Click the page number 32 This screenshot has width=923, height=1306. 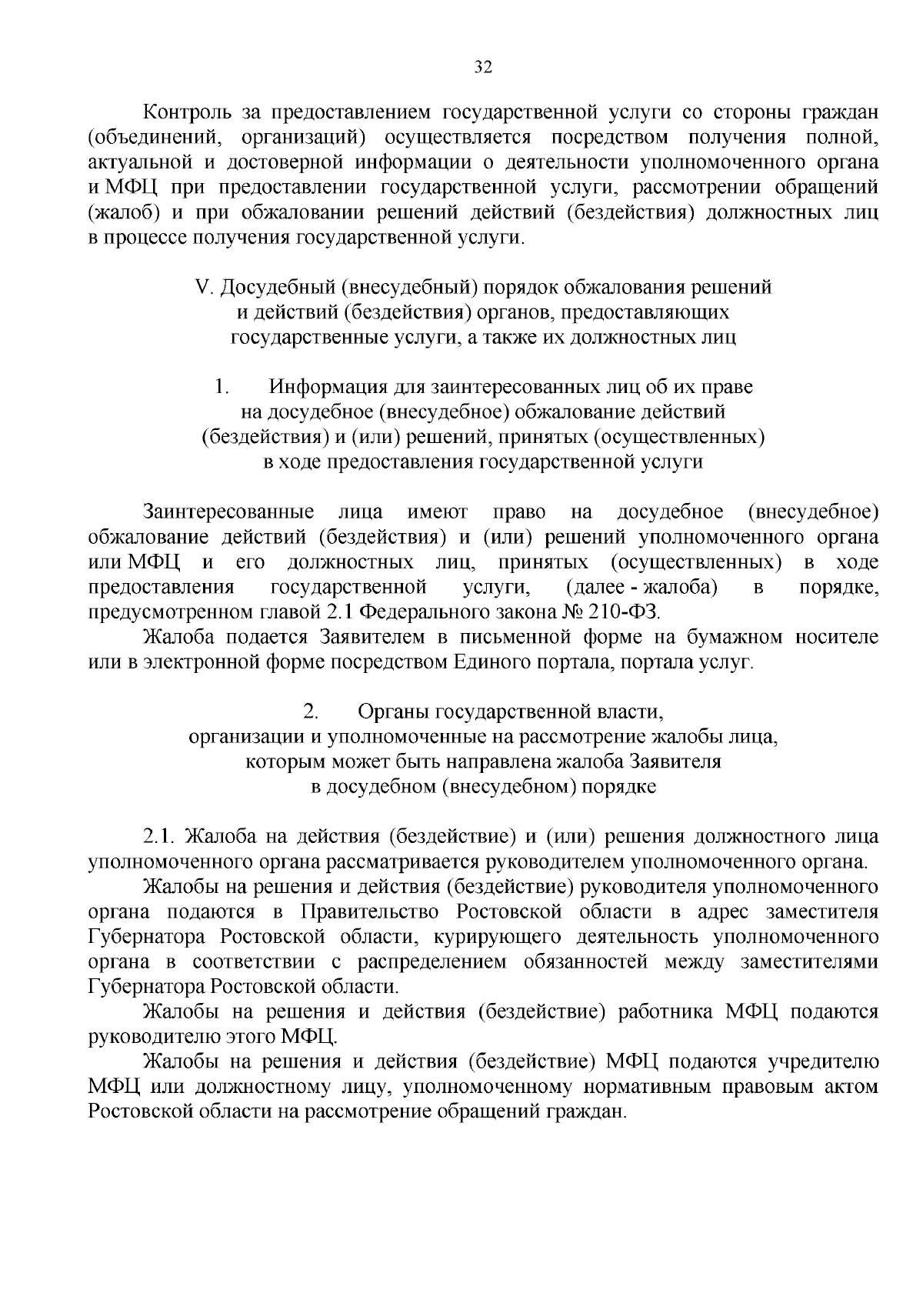tap(482, 67)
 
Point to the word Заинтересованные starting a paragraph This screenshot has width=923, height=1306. tap(229, 512)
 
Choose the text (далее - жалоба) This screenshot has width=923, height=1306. tap(641, 588)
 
